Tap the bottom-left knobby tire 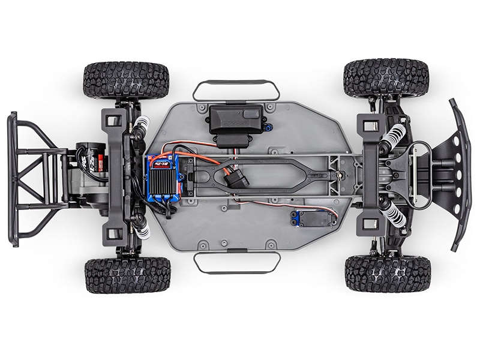(127, 275)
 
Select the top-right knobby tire (386, 76)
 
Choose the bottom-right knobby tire (388, 274)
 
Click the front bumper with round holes (460, 174)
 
